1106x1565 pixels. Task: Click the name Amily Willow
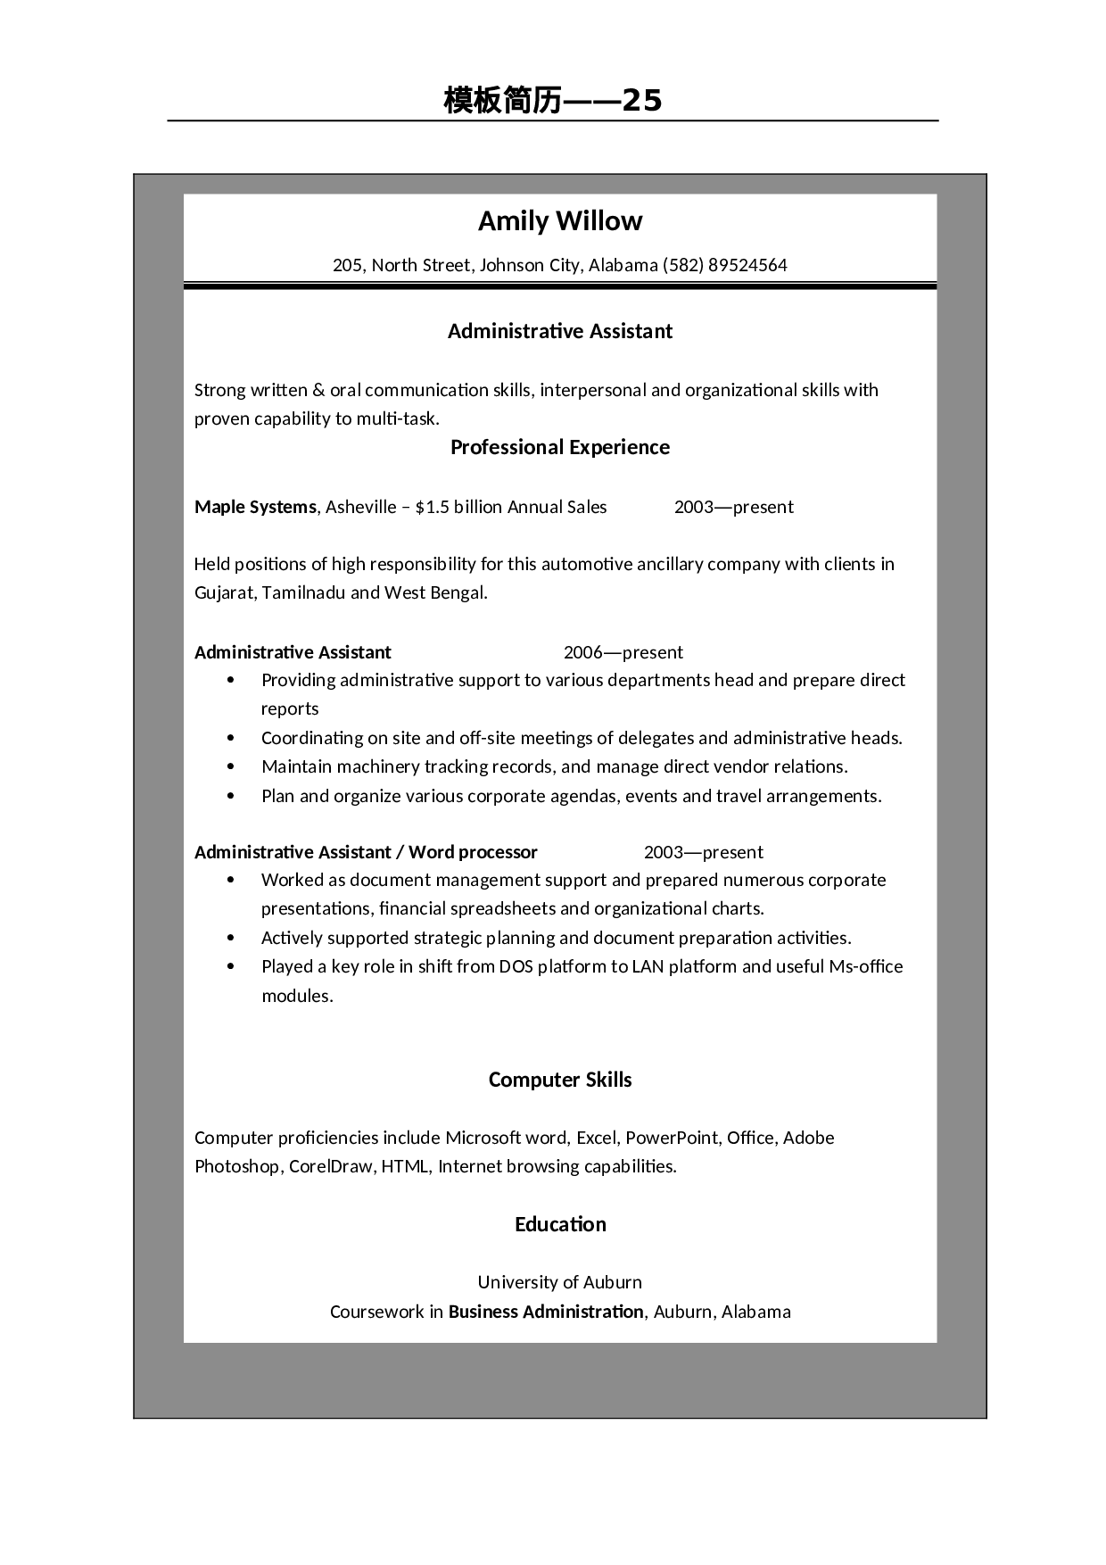[559, 220]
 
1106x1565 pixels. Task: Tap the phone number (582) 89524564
[725, 265]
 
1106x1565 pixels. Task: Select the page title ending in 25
[553, 101]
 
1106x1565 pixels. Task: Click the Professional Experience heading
[559, 447]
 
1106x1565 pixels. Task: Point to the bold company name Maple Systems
[255, 507]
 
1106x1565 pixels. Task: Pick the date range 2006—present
[623, 652]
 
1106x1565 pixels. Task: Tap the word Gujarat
[225, 592]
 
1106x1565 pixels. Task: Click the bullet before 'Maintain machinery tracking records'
[232, 766]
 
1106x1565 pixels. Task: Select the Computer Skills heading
[559, 1080]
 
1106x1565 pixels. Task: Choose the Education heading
[559, 1224]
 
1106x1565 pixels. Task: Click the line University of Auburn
[559, 1282]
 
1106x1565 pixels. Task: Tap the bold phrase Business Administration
[545, 1312]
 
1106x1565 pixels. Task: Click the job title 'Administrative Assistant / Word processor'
[366, 852]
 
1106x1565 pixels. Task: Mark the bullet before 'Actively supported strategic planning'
[232, 938]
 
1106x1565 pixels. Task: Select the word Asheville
[360, 507]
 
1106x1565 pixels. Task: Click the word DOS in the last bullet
[516, 966]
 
